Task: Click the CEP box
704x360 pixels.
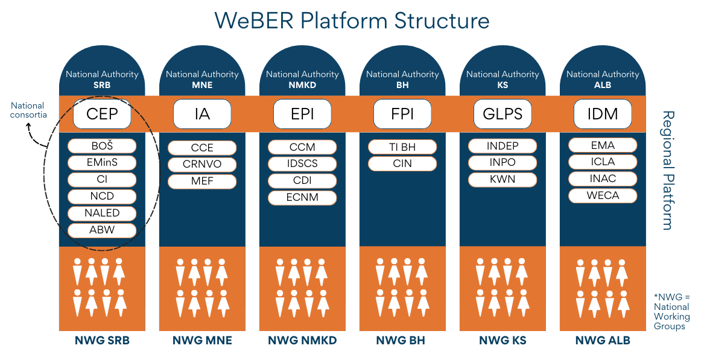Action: click(102, 114)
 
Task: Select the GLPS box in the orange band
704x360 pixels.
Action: click(503, 114)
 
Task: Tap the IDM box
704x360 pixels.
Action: click(603, 114)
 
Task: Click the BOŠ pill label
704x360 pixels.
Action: click(102, 146)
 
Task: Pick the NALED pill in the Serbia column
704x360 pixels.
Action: click(102, 213)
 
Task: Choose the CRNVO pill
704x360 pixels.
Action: click(202, 164)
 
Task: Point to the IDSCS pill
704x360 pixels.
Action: click(302, 163)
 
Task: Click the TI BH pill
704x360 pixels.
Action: click(402, 147)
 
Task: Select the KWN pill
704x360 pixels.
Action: click(503, 179)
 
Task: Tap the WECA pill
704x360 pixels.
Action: click(603, 195)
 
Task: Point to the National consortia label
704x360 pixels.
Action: click(28, 110)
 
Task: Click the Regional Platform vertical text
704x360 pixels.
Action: click(667, 170)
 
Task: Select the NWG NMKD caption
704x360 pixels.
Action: click(302, 341)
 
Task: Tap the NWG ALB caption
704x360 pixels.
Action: click(603, 341)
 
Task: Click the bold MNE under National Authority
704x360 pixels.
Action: click(202, 85)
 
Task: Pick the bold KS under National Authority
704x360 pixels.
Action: click(503, 85)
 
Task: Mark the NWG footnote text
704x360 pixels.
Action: click(671, 311)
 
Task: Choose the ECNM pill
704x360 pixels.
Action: click(302, 197)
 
